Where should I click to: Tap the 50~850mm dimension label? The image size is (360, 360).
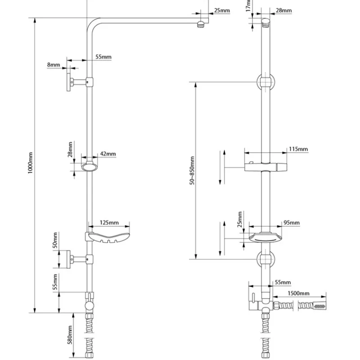192,171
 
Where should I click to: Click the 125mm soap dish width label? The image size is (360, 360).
110,222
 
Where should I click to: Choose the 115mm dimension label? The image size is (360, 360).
298,149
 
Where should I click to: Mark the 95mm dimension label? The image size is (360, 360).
292,222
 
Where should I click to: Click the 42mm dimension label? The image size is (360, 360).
108,154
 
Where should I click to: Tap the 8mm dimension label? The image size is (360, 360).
53,65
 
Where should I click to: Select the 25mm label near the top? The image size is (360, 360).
222,10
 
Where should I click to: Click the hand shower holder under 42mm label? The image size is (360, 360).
90,165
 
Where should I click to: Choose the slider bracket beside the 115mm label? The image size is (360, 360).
265,166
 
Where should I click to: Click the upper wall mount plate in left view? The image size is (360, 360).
69,82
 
